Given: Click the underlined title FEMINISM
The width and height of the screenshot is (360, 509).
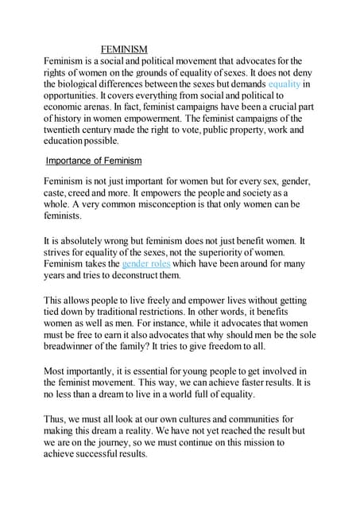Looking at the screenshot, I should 124,49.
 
